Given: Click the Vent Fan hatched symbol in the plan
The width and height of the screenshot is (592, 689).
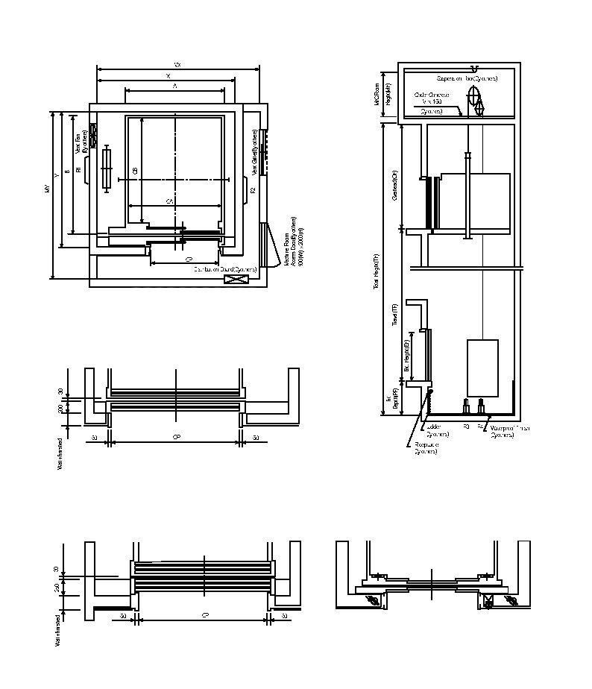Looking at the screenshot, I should [x=93, y=133].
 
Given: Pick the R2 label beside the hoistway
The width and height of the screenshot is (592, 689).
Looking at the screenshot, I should [x=253, y=191].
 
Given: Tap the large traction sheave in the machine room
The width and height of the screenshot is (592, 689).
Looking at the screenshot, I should [x=473, y=96].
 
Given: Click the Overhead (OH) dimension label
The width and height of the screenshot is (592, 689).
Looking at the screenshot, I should [x=394, y=189].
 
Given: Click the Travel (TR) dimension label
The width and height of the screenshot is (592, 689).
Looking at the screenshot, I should [x=394, y=314].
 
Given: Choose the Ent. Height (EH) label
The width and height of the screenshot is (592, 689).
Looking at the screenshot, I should [x=407, y=356].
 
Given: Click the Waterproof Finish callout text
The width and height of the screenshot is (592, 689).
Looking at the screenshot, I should [x=508, y=431].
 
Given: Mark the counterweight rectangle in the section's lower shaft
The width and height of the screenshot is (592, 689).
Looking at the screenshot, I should [x=482, y=368].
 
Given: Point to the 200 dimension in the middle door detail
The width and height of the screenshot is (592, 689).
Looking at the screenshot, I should [x=60, y=408].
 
